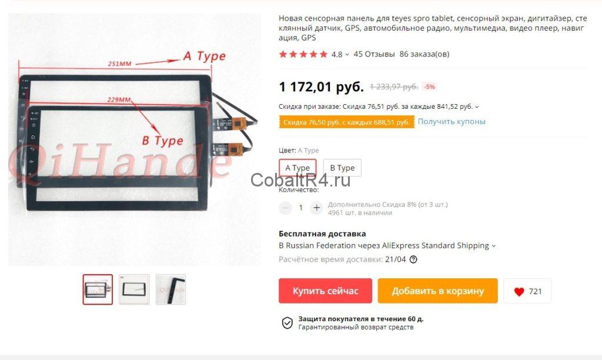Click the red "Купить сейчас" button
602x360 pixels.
click(325, 291)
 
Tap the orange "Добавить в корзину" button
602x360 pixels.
click(437, 291)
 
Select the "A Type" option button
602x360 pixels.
click(297, 168)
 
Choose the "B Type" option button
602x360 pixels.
click(342, 168)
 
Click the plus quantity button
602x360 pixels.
click(316, 208)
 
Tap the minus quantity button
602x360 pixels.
click(285, 208)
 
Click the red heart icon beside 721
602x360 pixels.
click(519, 292)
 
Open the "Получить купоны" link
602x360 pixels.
click(451, 121)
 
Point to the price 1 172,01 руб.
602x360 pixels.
click(321, 87)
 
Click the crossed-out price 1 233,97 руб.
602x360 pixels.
click(394, 87)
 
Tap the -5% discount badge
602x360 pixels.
click(430, 87)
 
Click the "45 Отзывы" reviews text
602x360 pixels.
click(374, 54)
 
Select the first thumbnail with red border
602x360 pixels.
click(98, 289)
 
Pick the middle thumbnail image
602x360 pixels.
click(134, 289)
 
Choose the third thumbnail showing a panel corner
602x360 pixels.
click(171, 289)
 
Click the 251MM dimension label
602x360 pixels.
click(119, 64)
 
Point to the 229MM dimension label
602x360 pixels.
click(119, 99)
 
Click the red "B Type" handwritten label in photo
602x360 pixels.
click(162, 141)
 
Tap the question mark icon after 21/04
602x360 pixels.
click(413, 259)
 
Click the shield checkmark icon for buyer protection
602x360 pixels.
click(287, 323)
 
